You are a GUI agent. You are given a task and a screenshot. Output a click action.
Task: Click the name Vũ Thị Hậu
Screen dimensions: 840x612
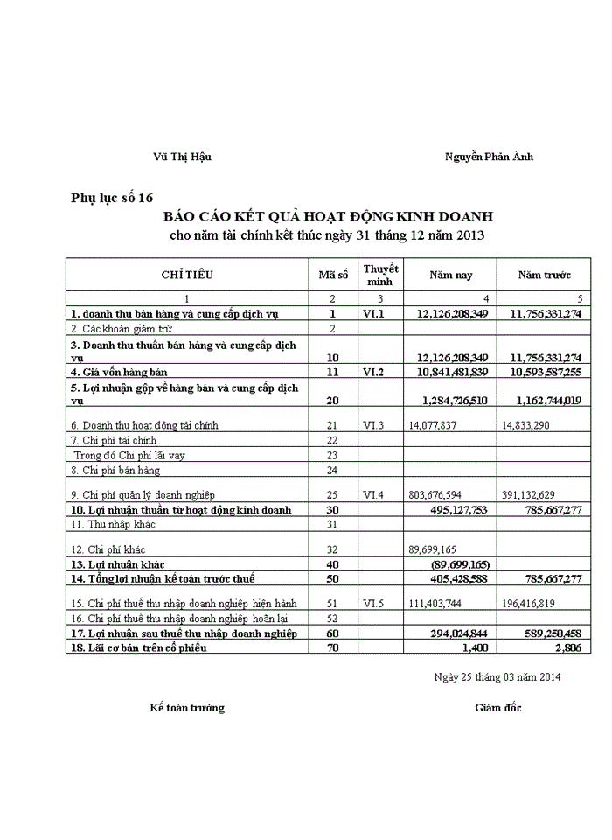182,157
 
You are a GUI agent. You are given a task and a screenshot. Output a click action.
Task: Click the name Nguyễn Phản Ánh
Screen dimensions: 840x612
489,157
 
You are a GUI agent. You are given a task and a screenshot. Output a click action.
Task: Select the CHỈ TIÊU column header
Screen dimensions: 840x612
187,275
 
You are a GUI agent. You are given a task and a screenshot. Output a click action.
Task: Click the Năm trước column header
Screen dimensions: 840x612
544,275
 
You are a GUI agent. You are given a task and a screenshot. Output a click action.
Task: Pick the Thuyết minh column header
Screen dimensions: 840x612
380,275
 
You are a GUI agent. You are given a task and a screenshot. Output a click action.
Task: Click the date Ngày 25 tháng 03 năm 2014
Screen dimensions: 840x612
497,676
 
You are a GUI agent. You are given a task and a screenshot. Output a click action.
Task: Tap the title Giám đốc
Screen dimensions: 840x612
498,707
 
